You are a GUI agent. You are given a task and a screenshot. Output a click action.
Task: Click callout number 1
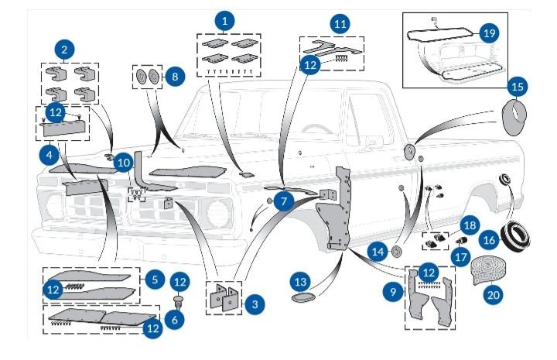coord(224,21)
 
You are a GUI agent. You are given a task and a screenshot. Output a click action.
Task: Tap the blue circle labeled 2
coord(64,50)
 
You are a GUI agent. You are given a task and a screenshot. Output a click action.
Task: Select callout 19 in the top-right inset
coord(488,33)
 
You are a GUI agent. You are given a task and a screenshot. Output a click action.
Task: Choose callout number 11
coord(339,24)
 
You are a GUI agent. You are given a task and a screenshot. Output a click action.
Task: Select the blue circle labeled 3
coord(254,303)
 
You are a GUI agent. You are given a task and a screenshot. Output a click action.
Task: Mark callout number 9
coord(395,291)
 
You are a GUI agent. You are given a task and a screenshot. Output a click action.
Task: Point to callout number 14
coord(378,252)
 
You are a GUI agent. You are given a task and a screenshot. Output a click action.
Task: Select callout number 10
coord(124,163)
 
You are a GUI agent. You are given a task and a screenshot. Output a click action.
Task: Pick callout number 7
coord(284,201)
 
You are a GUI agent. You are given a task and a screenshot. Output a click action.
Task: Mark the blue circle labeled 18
coord(469,225)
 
